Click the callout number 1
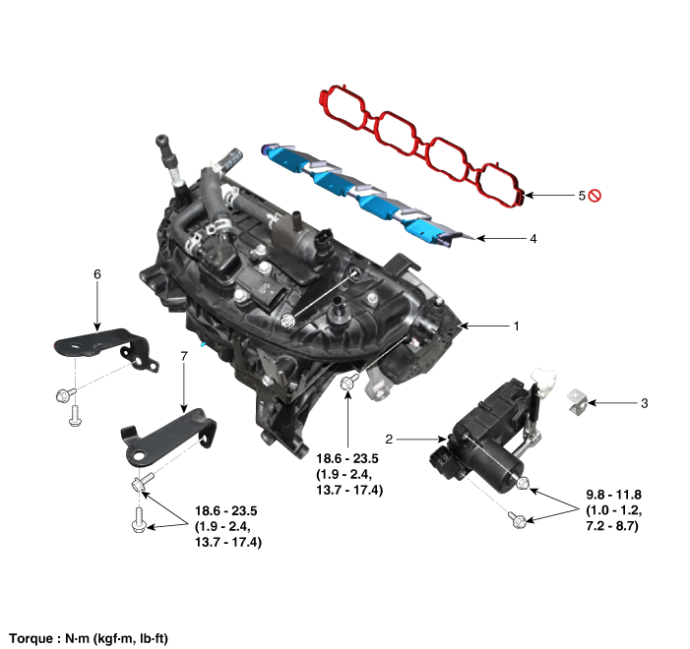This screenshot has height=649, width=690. click(x=516, y=326)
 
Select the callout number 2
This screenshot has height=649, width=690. click(x=389, y=439)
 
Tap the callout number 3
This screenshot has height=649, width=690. click(x=645, y=403)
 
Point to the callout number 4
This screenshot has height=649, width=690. click(x=533, y=239)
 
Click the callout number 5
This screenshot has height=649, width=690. click(x=582, y=196)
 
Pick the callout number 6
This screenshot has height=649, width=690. click(x=97, y=274)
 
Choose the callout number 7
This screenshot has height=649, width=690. click(x=184, y=356)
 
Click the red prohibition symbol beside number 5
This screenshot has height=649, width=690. click(x=595, y=196)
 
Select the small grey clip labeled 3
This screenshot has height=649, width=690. click(x=578, y=401)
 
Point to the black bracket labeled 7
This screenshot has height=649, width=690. click(x=169, y=437)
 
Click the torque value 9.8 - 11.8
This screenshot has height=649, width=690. click(x=613, y=495)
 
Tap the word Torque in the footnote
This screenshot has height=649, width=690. click(x=31, y=638)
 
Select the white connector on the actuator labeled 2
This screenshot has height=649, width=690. click(x=544, y=379)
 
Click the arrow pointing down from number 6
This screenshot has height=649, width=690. click(x=97, y=307)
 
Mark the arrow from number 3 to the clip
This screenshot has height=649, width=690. click(x=612, y=403)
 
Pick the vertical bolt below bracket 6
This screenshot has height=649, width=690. click(x=75, y=416)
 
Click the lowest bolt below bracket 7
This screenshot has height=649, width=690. click(x=138, y=520)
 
